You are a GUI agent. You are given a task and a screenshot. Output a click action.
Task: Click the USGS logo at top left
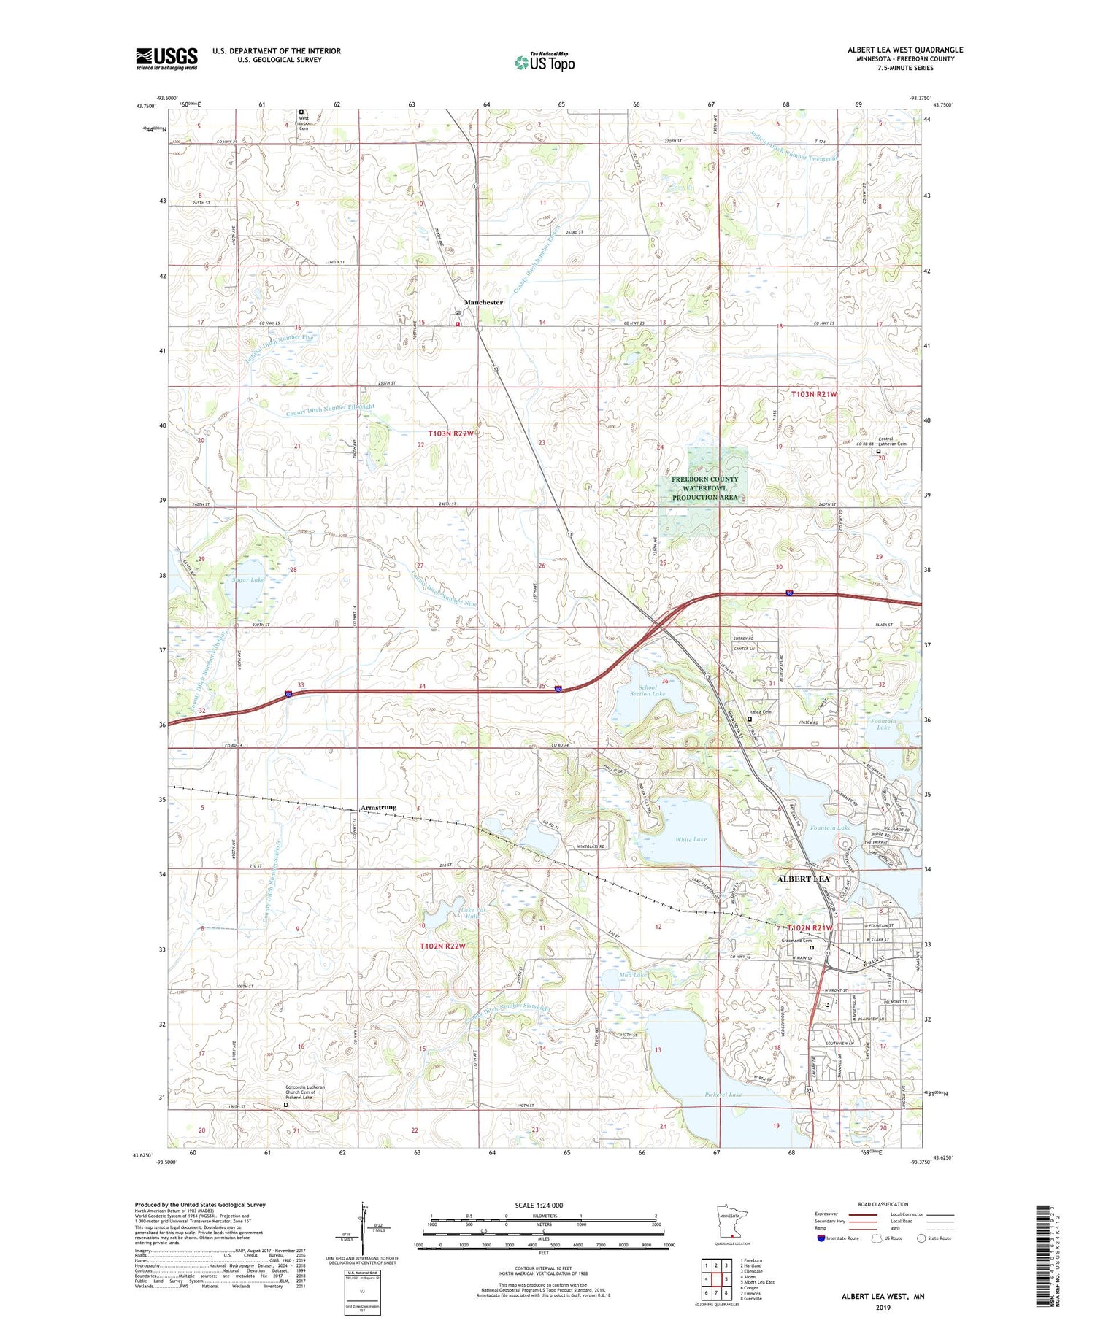pos(166,58)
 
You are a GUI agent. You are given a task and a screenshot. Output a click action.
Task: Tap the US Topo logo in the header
pos(544,62)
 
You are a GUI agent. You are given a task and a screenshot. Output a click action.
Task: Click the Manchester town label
pos(483,302)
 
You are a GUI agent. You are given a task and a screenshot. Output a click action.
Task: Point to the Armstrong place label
pos(378,807)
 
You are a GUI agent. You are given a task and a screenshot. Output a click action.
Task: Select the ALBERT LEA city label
pos(803,879)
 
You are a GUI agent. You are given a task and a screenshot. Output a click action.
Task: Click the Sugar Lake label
pos(248,579)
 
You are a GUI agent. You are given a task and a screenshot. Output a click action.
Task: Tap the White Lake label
pos(691,840)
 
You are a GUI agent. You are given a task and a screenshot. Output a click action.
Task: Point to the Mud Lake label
pos(632,975)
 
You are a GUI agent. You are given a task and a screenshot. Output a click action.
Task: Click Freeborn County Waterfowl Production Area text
pos(704,488)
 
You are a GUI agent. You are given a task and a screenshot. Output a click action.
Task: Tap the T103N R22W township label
pos(451,433)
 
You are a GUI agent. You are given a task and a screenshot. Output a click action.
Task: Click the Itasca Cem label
pos(760,711)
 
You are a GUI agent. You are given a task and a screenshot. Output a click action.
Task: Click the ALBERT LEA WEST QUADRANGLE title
pos(904,50)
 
